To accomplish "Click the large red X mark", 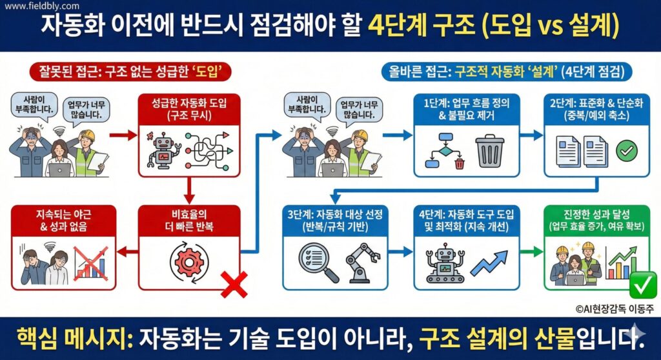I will [x=234, y=283].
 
